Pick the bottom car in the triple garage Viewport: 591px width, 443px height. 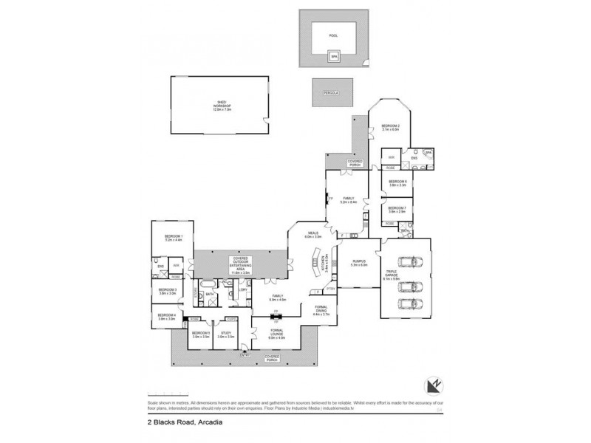[x=407, y=303]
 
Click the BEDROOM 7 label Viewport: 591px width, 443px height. [x=397, y=210]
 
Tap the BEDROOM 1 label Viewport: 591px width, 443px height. [x=174, y=238]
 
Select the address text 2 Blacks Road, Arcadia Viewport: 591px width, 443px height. [x=180, y=423]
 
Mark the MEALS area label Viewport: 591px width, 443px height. [x=313, y=235]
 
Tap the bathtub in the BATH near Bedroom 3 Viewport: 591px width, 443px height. [x=208, y=284]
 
